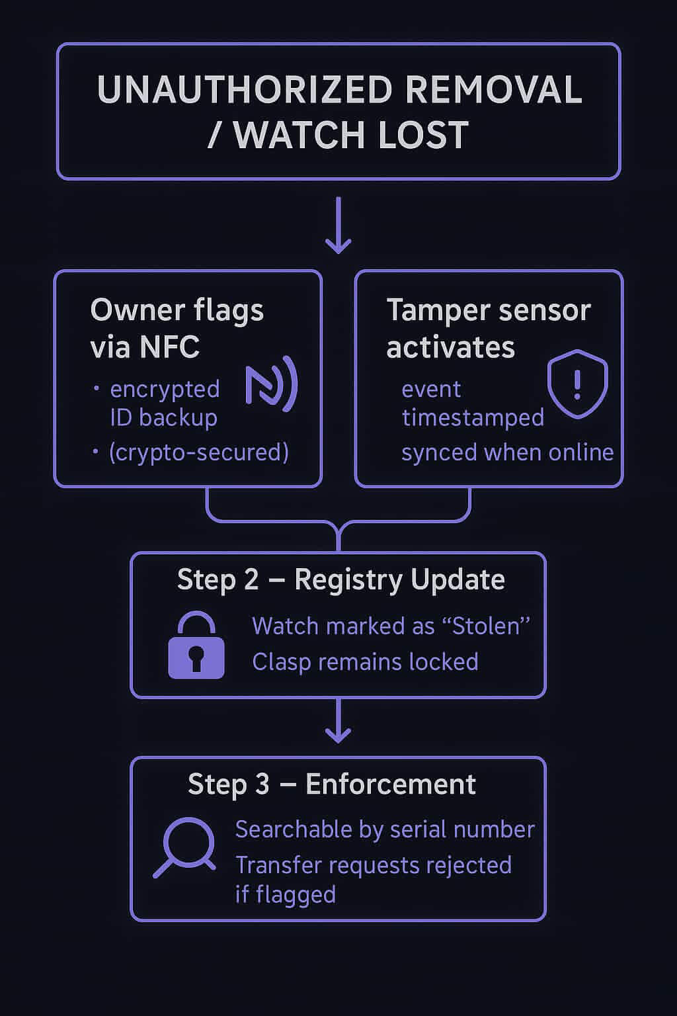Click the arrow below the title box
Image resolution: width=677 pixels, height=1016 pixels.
[x=338, y=226]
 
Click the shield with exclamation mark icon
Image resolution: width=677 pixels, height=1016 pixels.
[x=577, y=384]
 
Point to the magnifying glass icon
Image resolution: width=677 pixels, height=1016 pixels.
[x=186, y=846]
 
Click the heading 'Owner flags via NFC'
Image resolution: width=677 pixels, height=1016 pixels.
[x=177, y=328]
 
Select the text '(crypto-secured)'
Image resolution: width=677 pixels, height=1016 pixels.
[x=198, y=452]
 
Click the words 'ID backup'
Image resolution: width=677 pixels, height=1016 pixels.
[x=163, y=418]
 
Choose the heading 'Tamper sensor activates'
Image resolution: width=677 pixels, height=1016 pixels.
[x=488, y=328]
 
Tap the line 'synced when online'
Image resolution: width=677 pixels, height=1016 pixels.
[x=507, y=452]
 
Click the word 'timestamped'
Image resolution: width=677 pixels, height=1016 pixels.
[x=473, y=418]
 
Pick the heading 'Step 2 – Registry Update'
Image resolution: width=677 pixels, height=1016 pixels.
[x=340, y=580]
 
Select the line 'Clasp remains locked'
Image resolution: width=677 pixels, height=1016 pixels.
[x=365, y=661]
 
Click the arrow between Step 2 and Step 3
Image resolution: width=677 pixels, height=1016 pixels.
[x=338, y=721]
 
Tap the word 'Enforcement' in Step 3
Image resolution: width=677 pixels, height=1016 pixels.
[x=390, y=784]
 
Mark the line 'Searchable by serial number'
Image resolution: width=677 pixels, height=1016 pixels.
[x=385, y=829]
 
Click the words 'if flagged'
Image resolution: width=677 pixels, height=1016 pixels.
[x=286, y=894]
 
